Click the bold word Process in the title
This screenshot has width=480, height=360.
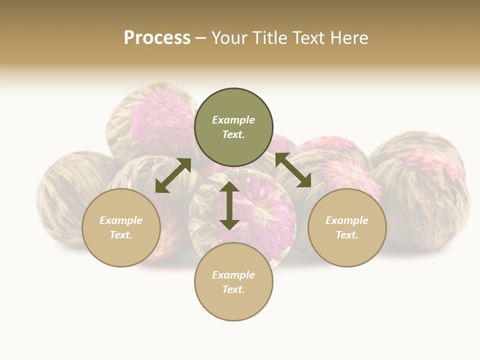coord(157,38)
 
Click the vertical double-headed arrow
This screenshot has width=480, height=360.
coord(229,205)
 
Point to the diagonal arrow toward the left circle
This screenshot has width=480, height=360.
coord(173,175)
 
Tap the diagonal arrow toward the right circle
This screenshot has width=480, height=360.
coord(293,170)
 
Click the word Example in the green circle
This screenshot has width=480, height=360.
coord(233,120)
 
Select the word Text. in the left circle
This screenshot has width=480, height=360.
coord(121,235)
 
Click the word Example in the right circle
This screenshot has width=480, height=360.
coord(347,220)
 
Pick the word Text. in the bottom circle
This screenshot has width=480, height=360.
coord(233,289)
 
